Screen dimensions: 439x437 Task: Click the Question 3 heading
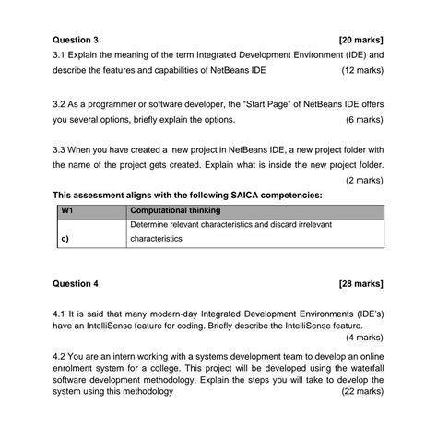pos(76,41)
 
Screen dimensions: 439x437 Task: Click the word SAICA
pos(250,195)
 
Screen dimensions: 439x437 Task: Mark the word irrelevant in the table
pos(309,224)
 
